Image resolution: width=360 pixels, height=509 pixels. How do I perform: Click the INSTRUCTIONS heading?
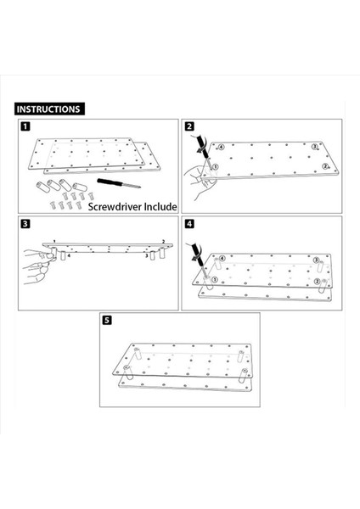(49, 109)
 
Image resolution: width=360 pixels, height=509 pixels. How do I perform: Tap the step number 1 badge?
(25, 126)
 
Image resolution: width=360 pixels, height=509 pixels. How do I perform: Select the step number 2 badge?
(189, 126)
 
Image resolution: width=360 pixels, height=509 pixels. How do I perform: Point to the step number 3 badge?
(25, 224)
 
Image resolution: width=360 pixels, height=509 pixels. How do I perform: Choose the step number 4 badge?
(189, 224)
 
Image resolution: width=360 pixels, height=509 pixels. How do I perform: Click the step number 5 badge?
(107, 320)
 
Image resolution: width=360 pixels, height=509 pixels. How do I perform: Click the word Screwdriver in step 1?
(115, 207)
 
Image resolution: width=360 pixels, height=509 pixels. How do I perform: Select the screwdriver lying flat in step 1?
(119, 182)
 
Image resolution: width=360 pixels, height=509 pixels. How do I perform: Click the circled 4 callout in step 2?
(221, 147)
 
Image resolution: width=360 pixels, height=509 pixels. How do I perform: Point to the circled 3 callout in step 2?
(314, 147)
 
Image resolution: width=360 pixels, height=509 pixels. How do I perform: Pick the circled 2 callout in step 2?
(325, 166)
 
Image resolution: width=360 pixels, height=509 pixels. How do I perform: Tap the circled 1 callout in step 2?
(215, 167)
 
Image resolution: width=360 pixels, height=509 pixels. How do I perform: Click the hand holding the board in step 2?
(198, 182)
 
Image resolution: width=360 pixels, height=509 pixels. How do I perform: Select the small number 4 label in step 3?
(69, 255)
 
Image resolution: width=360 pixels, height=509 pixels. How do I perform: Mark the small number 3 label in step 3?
(147, 256)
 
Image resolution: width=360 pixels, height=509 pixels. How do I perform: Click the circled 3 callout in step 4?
(316, 260)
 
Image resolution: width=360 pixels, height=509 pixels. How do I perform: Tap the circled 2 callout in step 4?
(317, 282)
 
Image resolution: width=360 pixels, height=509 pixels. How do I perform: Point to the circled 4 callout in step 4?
(222, 259)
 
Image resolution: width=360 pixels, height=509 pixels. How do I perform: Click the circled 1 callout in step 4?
(215, 279)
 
